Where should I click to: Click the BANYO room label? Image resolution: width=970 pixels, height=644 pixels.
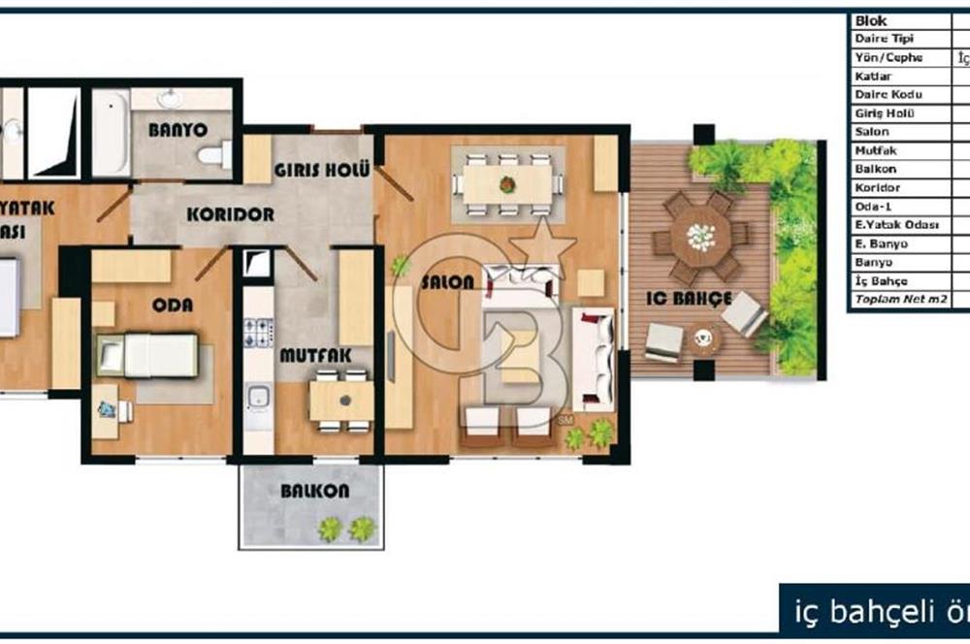click(x=178, y=129)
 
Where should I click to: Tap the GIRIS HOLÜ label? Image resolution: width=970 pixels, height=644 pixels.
click(x=321, y=170)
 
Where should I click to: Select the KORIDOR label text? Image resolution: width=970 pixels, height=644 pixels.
click(x=230, y=213)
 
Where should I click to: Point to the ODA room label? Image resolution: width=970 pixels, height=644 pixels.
click(x=173, y=305)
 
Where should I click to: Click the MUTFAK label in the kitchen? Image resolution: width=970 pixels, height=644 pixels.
click(x=308, y=356)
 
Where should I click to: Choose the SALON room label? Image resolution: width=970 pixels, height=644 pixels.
click(x=448, y=282)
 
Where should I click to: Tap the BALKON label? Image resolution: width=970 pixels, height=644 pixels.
click(x=314, y=491)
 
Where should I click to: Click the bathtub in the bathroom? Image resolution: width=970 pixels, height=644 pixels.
click(x=111, y=133)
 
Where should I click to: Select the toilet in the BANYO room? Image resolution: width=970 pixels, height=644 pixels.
click(x=212, y=154)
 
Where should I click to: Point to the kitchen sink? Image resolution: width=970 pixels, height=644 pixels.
click(x=258, y=397)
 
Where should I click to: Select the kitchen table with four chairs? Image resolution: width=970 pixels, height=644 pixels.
click(x=341, y=400)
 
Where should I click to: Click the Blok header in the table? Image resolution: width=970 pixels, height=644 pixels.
click(x=870, y=20)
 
